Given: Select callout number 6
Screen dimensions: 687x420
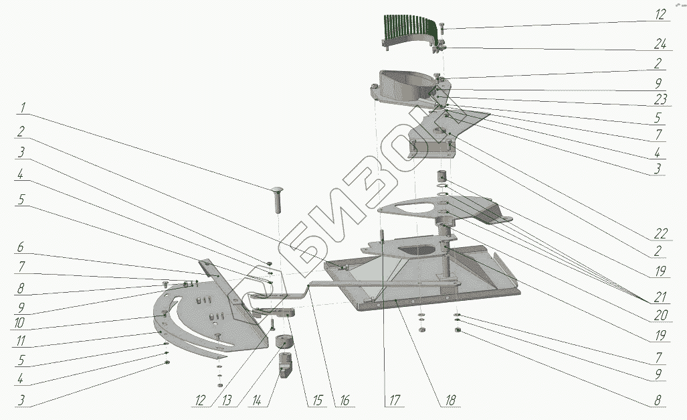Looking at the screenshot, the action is point(22,247).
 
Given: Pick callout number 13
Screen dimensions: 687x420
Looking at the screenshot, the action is point(229,401).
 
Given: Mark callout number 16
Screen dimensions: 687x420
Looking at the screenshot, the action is point(344,401).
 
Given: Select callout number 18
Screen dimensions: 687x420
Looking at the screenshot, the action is point(450,401).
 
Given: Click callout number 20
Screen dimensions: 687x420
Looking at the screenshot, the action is point(658,314).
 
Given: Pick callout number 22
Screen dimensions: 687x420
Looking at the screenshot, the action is point(658,234).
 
